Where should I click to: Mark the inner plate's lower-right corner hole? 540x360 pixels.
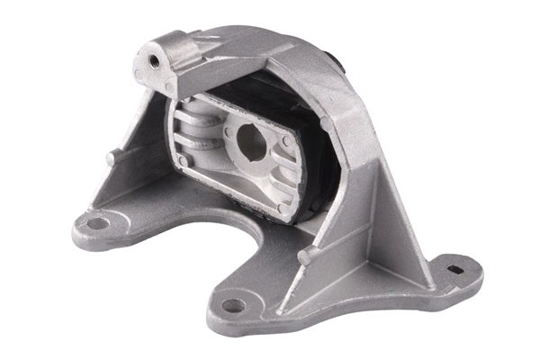pyautogui.click(x=285, y=206)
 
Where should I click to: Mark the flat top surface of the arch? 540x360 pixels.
pyautogui.click(x=261, y=49)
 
